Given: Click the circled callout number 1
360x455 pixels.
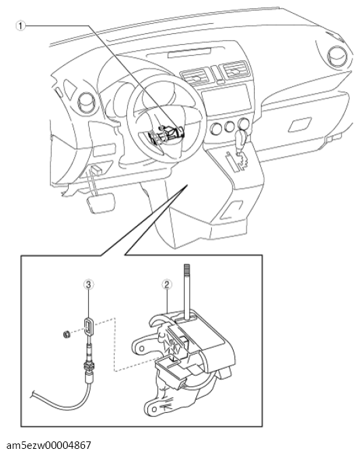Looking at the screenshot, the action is pos(20,26).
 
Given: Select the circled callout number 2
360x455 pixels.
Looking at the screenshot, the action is pos(166,285).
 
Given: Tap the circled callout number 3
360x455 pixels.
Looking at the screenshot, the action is pos(88,285).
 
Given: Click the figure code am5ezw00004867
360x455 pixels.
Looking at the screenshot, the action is pos(48,445).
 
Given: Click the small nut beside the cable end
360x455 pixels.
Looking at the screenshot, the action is pos(67,335).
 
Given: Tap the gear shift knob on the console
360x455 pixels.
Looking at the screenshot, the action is pos(240,140).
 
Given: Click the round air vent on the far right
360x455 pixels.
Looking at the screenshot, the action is pos(338,56).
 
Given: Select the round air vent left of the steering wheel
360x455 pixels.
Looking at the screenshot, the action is pos(87,103).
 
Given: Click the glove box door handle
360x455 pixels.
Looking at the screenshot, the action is pos(300,124).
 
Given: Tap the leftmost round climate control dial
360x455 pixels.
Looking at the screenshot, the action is pos(216,128).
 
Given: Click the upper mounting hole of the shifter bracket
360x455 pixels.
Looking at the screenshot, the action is pos(141,348).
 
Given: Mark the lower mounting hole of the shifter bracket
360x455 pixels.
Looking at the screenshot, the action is pos(154,409).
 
